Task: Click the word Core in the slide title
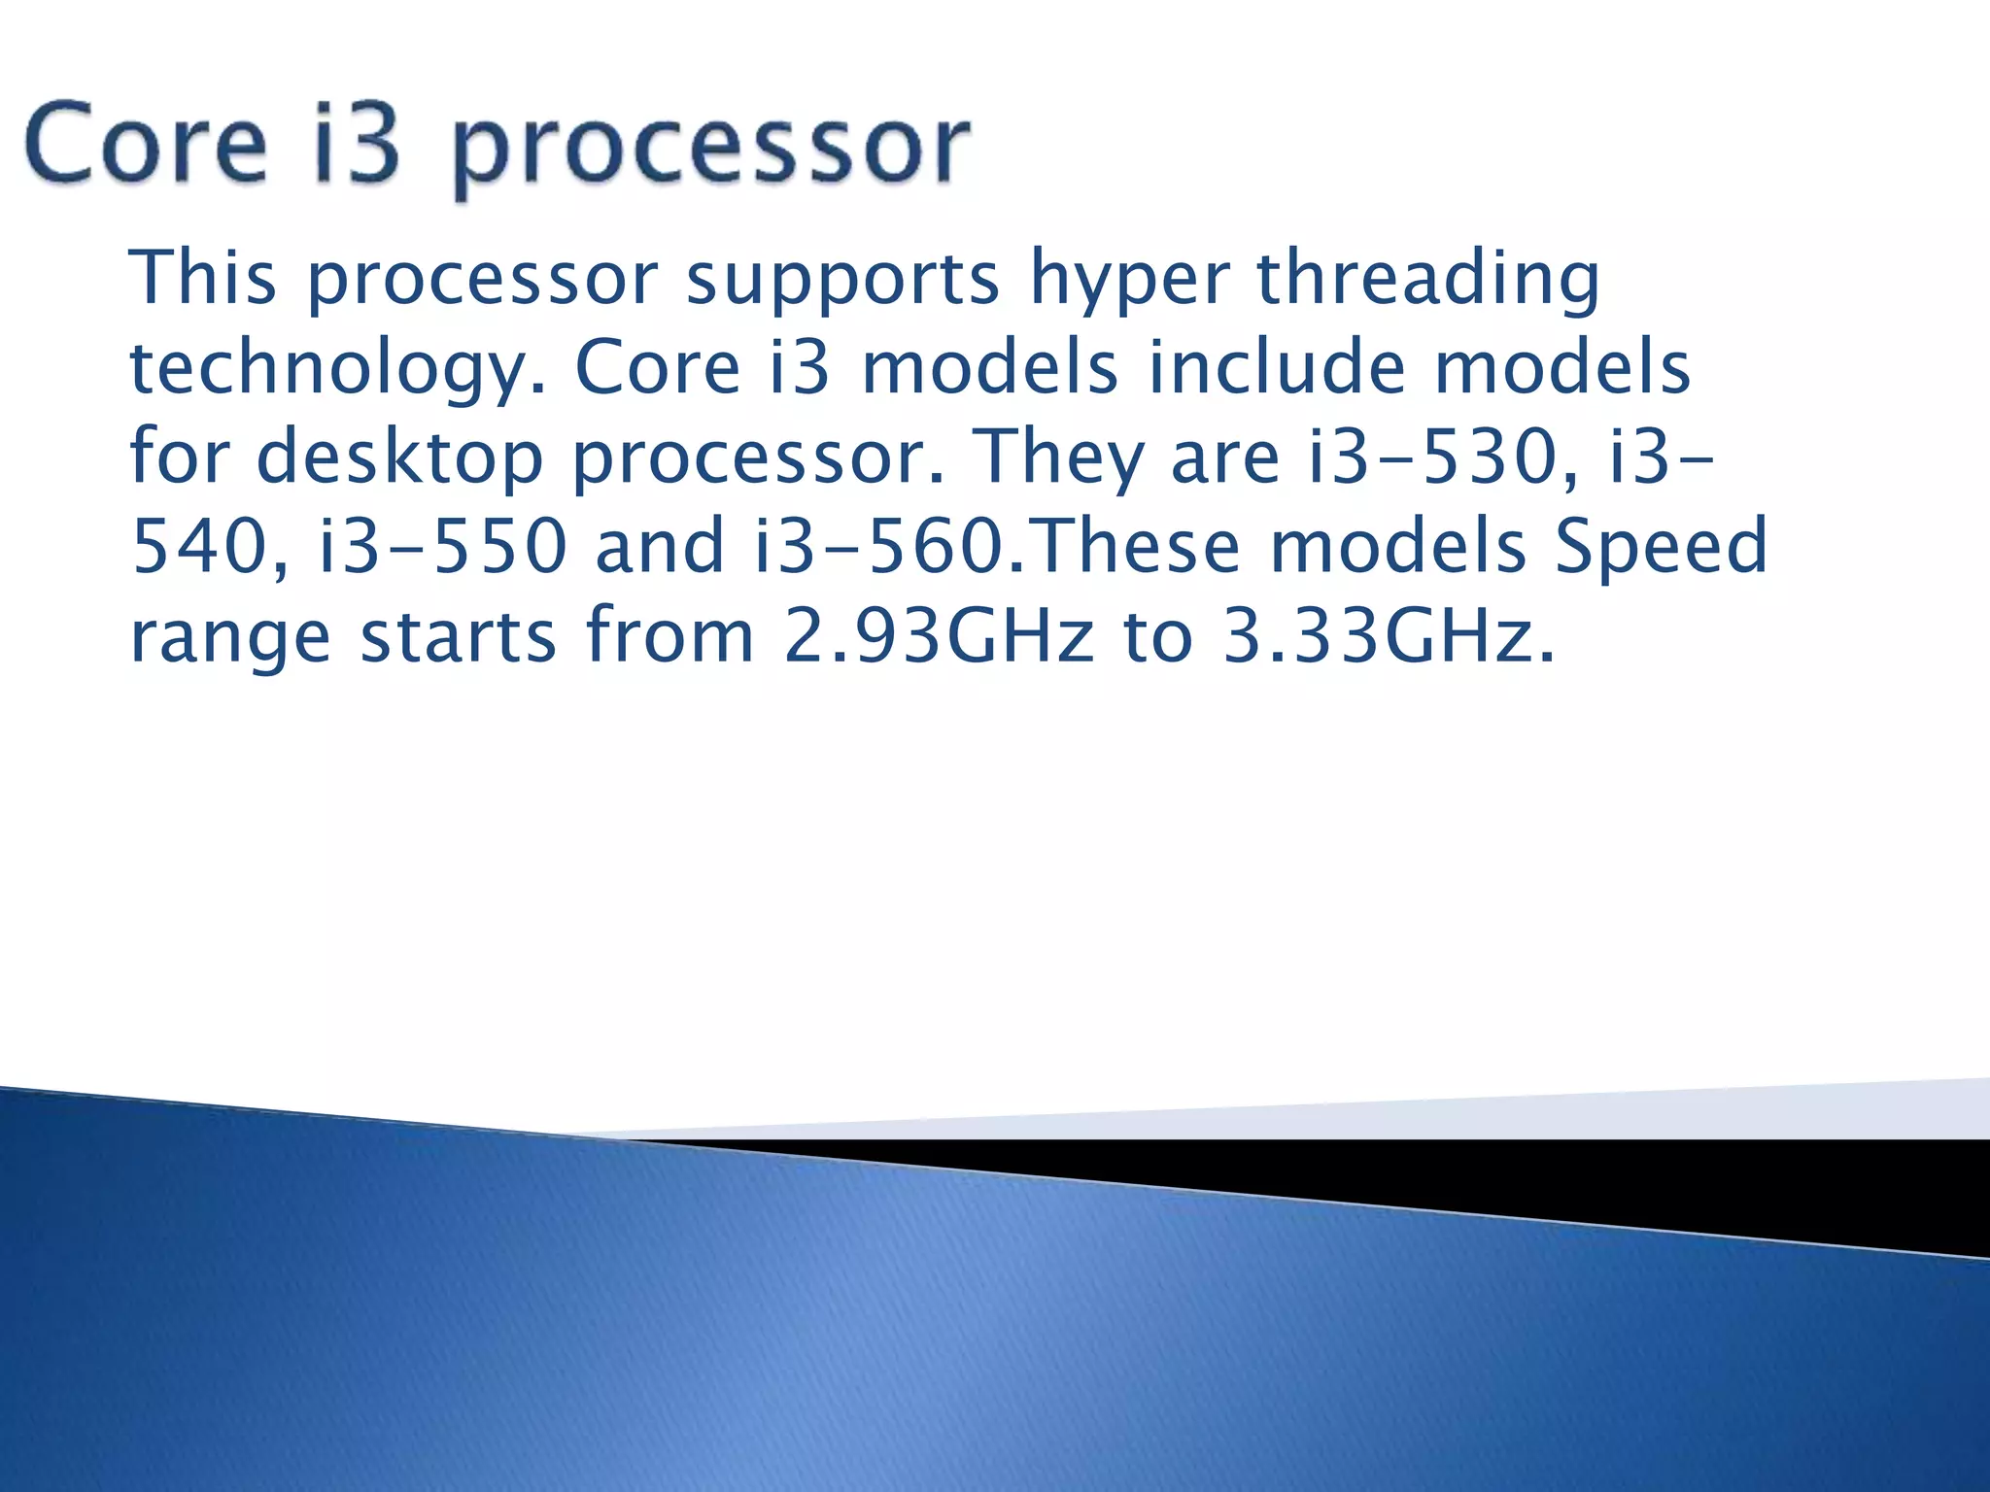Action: click(146, 147)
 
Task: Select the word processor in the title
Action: click(710, 151)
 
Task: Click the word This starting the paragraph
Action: click(203, 278)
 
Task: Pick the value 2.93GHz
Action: click(939, 636)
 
